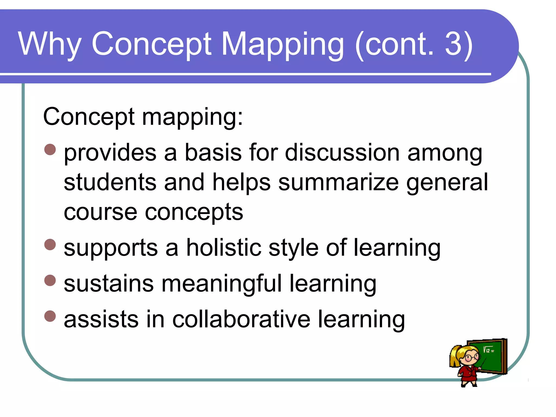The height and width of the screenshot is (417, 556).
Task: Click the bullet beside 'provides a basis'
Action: coord(50,149)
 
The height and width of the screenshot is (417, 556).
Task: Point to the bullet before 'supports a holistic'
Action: coord(50,244)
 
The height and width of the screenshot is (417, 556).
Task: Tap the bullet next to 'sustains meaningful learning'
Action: coord(50,280)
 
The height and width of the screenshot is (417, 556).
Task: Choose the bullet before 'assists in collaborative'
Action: coord(50,316)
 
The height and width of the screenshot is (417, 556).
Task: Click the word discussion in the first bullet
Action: coord(342,153)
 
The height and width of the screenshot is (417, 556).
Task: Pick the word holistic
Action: coord(224,248)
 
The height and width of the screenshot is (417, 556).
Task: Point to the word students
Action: coord(110,182)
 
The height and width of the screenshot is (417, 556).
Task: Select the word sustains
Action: coord(109,284)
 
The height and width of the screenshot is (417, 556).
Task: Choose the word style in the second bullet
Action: coord(293,248)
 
